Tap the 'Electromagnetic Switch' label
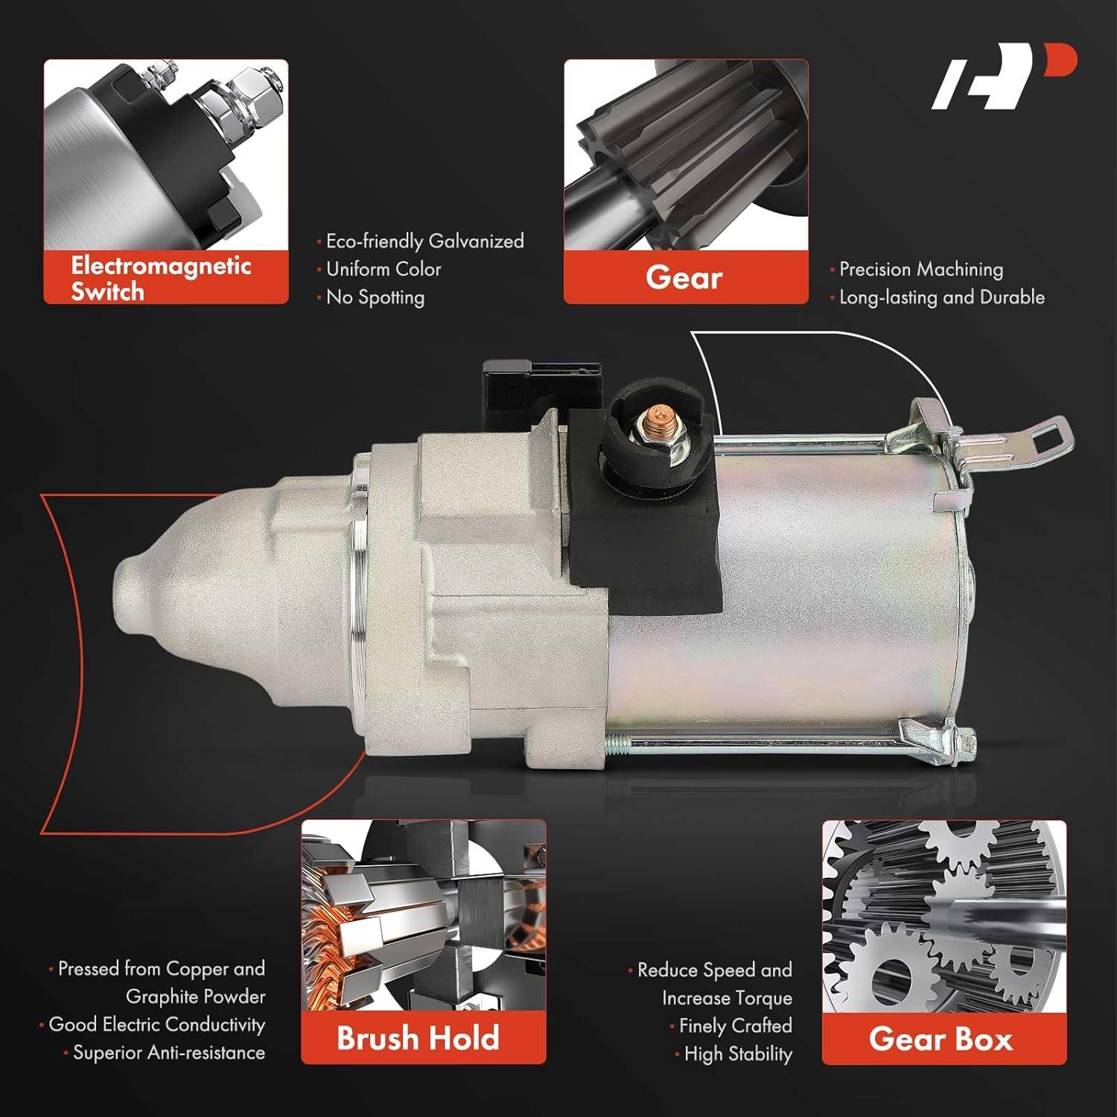pyautogui.click(x=161, y=278)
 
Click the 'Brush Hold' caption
pyautogui.click(x=418, y=1038)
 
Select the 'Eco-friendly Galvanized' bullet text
pyautogui.click(x=424, y=241)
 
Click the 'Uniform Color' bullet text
pyautogui.click(x=384, y=269)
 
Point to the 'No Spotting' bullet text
pyautogui.click(x=375, y=297)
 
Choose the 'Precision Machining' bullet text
pyautogui.click(x=920, y=269)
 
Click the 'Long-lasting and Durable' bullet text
pyautogui.click(x=941, y=297)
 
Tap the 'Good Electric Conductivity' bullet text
pyautogui.click(x=156, y=1025)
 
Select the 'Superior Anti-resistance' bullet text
pyautogui.click(x=168, y=1052)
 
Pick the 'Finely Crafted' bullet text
pyautogui.click(x=735, y=1025)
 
